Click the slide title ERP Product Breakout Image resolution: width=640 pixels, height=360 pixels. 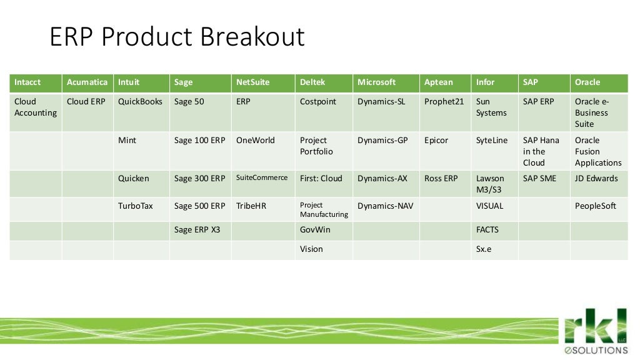(177, 37)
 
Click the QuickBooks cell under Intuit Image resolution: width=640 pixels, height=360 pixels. (140, 102)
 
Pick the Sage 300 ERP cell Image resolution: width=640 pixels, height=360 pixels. (199, 179)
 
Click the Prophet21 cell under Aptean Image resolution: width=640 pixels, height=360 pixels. (444, 102)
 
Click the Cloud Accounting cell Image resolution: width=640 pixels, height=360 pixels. (35, 107)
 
